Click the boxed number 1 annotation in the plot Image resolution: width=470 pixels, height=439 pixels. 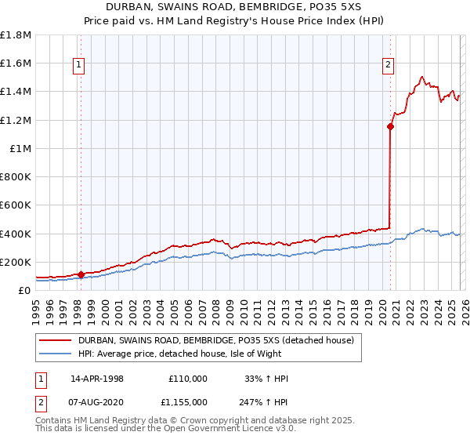click(80, 65)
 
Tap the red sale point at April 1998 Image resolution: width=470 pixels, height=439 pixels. click(81, 274)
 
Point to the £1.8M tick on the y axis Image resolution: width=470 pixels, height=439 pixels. click(16, 35)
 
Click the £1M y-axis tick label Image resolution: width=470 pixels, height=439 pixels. click(20, 148)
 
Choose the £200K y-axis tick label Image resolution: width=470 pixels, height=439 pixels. click(16, 262)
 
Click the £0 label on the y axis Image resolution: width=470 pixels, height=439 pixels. click(25, 290)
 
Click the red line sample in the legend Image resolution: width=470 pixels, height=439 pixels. click(55, 340)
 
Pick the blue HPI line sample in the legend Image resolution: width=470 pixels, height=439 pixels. click(55, 354)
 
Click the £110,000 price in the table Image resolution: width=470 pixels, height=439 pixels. click(188, 379)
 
